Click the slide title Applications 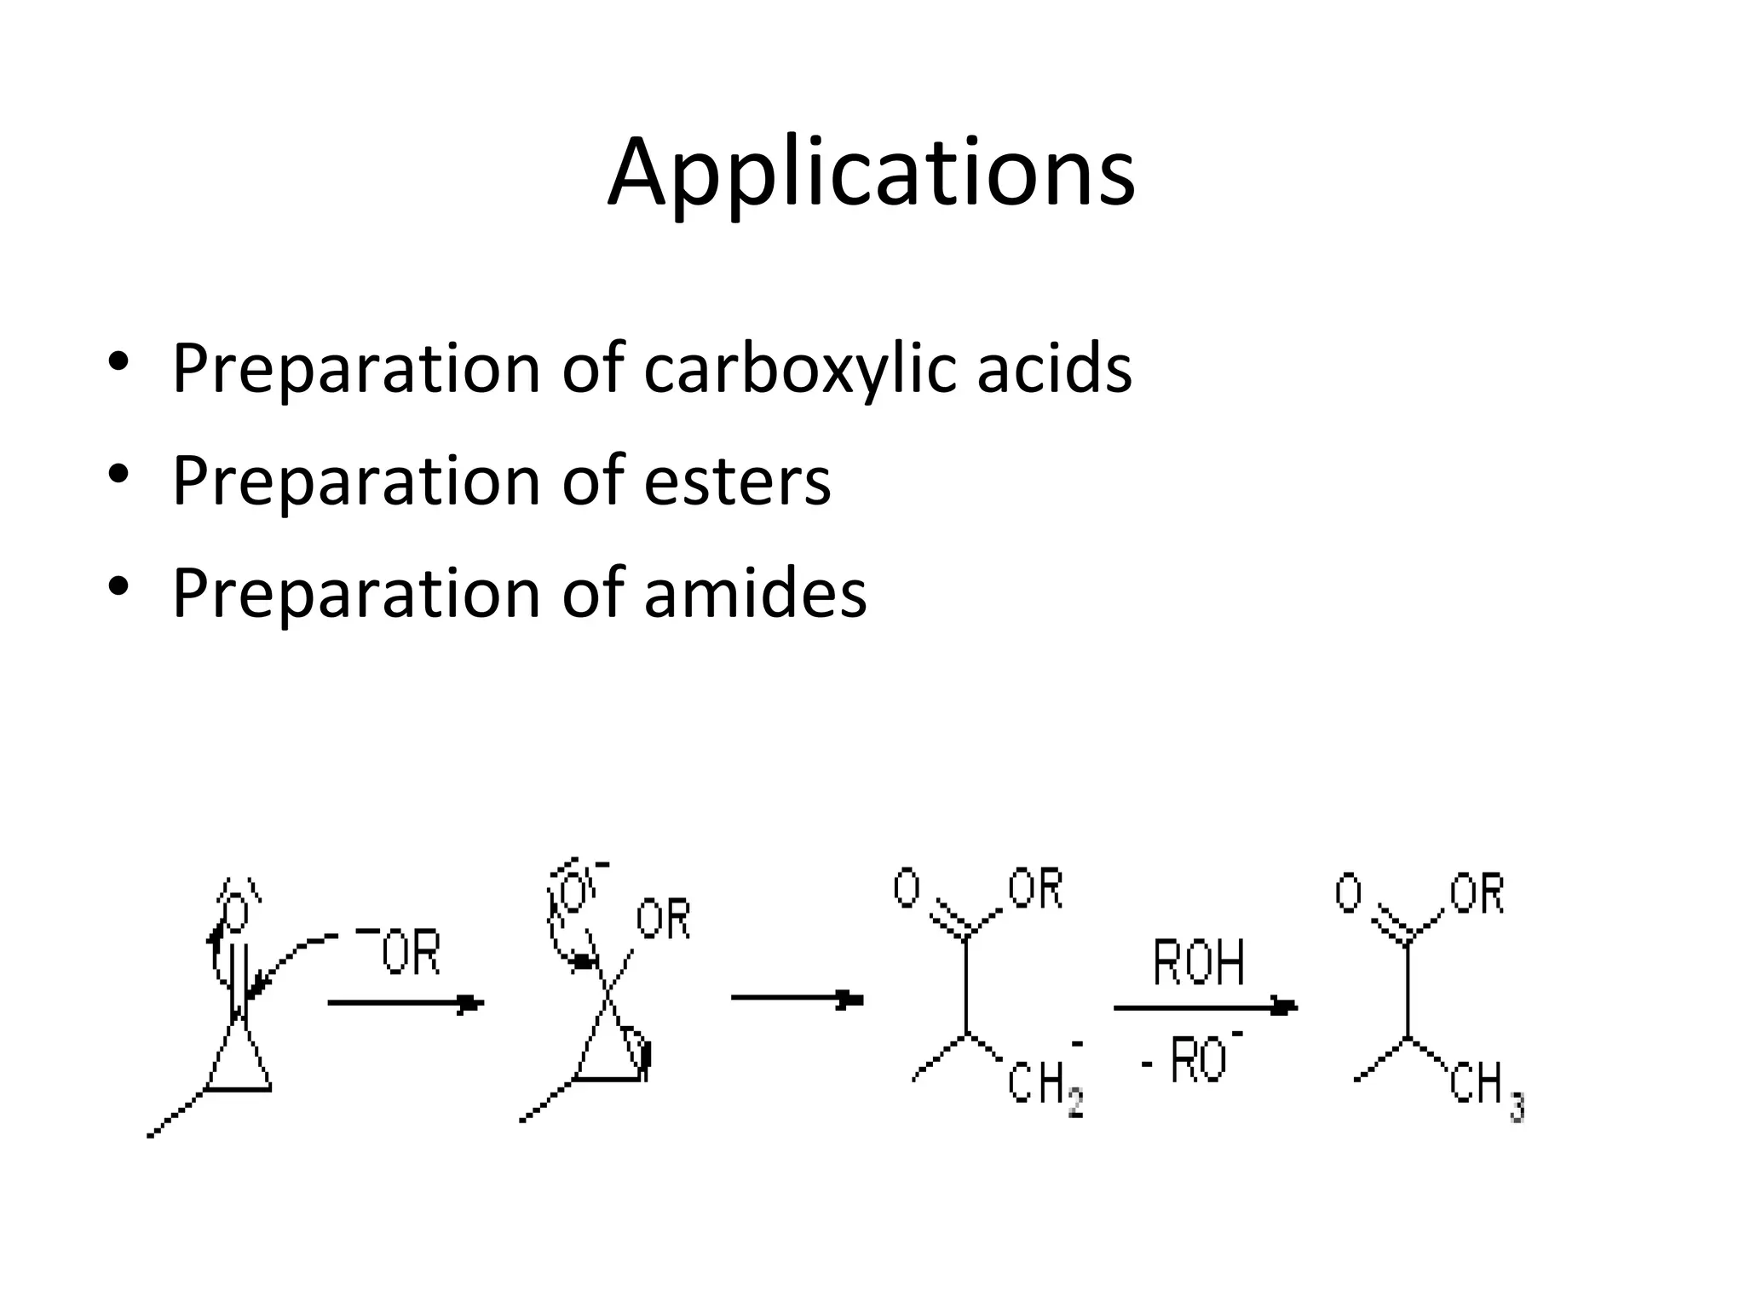click(x=871, y=173)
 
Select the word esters click(x=737, y=482)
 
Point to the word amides click(x=755, y=594)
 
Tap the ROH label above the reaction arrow click(x=1198, y=963)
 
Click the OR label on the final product click(x=1477, y=893)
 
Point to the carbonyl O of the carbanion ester click(x=907, y=888)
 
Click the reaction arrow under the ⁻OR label click(x=406, y=1003)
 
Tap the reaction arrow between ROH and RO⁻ click(x=1205, y=1008)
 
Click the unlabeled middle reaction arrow click(x=798, y=999)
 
